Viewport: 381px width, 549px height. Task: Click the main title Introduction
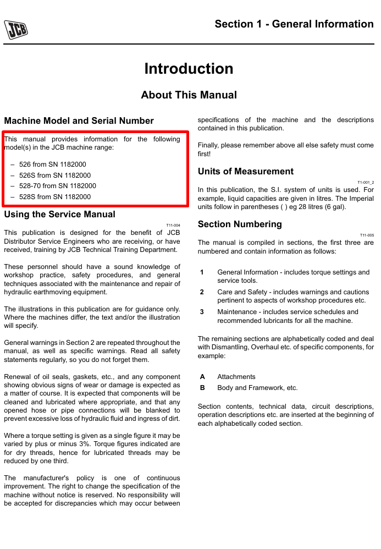189,69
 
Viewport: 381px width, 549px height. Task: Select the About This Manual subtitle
189,95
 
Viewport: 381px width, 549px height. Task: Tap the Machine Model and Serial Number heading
79,121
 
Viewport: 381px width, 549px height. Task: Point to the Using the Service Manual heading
59,215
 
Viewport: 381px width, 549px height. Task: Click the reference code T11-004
173,225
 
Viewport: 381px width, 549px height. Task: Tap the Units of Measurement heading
246,172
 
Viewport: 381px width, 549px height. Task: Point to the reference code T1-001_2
366,182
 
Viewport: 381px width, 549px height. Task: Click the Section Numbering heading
240,224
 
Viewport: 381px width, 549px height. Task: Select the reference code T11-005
367,235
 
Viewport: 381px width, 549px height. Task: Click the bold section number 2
202,292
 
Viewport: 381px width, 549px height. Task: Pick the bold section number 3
202,312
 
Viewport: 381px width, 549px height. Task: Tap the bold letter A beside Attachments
202,377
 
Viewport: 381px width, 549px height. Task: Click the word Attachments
236,377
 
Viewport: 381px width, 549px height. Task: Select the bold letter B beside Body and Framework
202,388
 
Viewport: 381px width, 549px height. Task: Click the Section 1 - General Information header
294,24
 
